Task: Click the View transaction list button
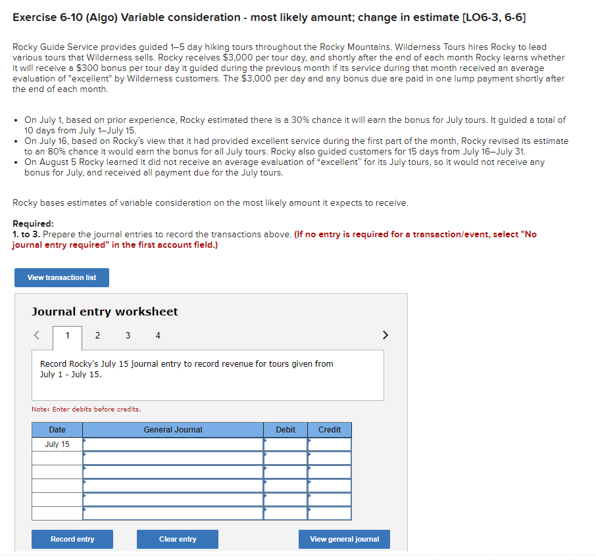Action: (x=62, y=277)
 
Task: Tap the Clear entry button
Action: (x=178, y=539)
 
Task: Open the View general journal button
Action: (x=344, y=539)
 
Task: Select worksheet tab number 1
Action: (x=67, y=336)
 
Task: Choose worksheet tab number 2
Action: (x=97, y=336)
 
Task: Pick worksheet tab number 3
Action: (x=128, y=336)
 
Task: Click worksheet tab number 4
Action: (x=158, y=336)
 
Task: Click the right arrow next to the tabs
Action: (x=385, y=336)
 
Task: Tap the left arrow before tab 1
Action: (x=37, y=336)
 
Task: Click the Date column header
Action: (x=57, y=430)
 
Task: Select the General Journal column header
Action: (x=173, y=430)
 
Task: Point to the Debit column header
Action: (x=286, y=430)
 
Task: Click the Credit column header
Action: (x=330, y=430)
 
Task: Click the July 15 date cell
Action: (x=57, y=444)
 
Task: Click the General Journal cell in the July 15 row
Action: (x=173, y=444)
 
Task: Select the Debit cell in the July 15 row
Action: (x=286, y=444)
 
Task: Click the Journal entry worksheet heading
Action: (x=105, y=312)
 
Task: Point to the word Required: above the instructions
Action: (x=33, y=223)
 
